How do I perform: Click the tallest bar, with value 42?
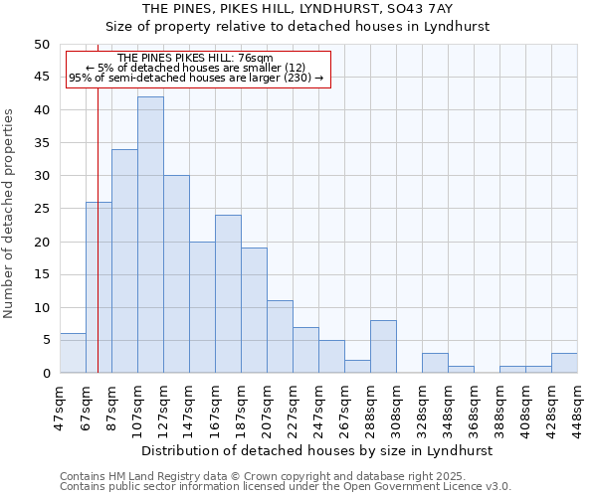[x=150, y=235]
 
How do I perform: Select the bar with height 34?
[x=124, y=261]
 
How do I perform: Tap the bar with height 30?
[x=176, y=274]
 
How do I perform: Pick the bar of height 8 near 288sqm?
[x=383, y=347]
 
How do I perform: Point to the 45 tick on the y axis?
[x=41, y=77]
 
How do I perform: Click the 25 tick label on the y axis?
[x=41, y=209]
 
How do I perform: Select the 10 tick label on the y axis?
[x=41, y=307]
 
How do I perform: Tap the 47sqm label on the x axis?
[x=61, y=405]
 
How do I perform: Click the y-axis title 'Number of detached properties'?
[x=10, y=209]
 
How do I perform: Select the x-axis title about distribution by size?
[x=316, y=450]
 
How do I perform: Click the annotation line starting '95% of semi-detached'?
[x=196, y=78]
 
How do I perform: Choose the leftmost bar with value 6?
[x=73, y=353]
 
